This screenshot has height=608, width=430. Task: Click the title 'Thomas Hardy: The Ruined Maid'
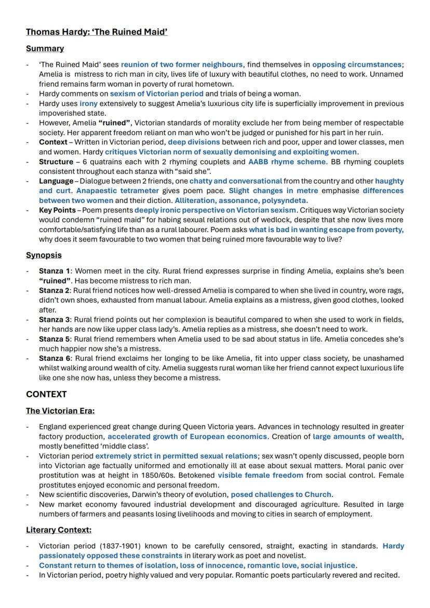97,32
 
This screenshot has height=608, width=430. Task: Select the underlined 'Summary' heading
45,48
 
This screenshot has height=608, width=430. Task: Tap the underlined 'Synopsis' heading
44,255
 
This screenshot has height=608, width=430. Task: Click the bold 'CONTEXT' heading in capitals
46,394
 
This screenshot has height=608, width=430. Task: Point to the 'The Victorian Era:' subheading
60,411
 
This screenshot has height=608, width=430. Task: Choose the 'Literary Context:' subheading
59,530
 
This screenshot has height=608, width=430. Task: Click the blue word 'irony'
88,104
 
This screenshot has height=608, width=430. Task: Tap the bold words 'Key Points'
56,210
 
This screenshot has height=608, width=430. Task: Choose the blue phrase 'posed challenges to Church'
281,495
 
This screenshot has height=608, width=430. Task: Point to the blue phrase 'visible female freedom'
260,475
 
